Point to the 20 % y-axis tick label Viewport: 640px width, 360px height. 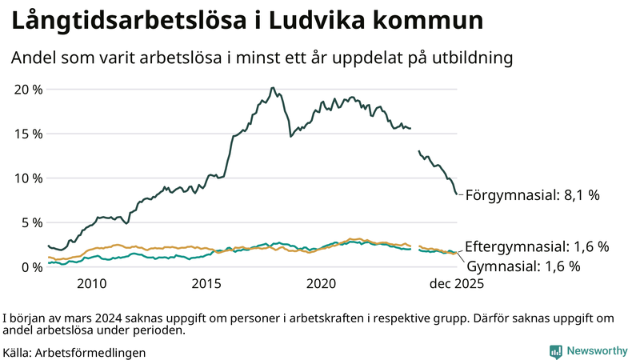point(28,89)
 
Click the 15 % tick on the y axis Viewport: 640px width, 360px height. point(28,134)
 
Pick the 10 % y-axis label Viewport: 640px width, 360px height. point(28,178)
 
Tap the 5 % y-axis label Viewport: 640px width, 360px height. point(31,222)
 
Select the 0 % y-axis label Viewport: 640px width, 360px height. point(31,267)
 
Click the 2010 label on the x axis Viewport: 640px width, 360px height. point(91,284)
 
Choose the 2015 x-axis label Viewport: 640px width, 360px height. point(206,284)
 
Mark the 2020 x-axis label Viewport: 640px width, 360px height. point(322,284)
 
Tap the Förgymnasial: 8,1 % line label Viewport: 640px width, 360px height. point(532,194)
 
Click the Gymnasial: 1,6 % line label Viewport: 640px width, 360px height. point(523,266)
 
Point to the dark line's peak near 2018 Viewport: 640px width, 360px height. point(273,88)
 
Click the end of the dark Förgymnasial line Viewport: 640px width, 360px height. point(457,194)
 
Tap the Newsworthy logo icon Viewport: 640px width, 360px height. point(555,351)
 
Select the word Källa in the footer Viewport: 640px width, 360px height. point(17,352)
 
